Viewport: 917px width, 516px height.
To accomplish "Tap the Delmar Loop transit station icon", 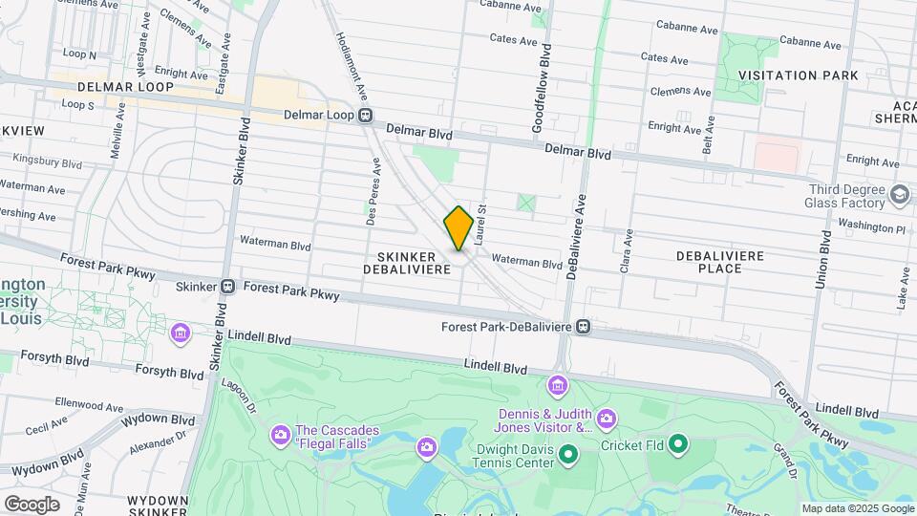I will [x=365, y=116].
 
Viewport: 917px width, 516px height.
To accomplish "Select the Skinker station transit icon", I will [x=228, y=286].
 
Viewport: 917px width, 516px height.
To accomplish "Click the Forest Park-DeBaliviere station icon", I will [x=583, y=327].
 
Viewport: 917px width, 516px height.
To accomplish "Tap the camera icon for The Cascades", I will [x=280, y=435].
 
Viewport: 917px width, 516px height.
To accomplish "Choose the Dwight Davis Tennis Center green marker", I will [x=567, y=454].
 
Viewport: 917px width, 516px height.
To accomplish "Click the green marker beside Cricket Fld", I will [x=678, y=443].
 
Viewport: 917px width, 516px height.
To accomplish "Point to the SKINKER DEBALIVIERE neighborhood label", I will [x=406, y=264].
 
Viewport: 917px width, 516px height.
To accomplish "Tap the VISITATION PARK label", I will [x=798, y=75].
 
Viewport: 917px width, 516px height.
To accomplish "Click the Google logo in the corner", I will [x=32, y=504].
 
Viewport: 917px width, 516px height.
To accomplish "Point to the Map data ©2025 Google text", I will [x=857, y=508].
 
